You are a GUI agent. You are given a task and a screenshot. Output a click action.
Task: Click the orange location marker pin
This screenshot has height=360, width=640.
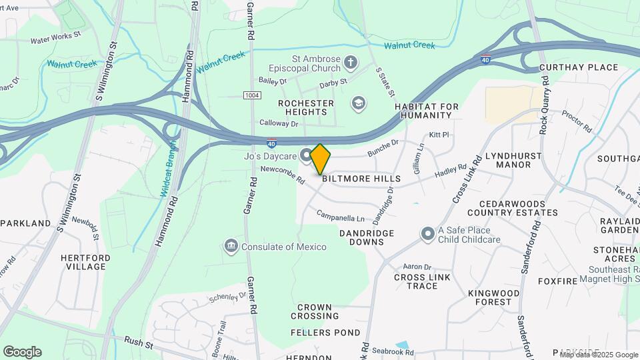click(321, 159)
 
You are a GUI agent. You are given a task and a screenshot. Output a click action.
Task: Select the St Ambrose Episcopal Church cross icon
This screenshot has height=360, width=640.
click(351, 63)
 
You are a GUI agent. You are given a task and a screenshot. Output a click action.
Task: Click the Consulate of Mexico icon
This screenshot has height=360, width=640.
click(231, 247)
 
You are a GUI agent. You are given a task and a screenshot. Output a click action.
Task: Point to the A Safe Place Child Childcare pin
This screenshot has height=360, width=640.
click(427, 233)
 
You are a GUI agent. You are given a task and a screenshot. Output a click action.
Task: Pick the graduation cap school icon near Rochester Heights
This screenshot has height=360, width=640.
click(358, 103)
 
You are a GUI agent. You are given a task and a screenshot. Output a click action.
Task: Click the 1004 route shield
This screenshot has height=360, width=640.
click(251, 96)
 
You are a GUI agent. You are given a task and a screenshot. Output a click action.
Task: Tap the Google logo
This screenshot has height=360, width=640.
click(22, 352)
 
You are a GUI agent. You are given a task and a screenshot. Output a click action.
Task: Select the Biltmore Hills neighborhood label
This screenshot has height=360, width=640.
click(361, 179)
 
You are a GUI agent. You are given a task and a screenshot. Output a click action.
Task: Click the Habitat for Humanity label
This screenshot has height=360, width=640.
click(427, 111)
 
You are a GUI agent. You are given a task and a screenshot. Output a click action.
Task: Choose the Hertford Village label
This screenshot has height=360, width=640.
click(83, 262)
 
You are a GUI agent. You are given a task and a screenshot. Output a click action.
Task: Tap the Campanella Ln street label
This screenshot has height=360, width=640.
click(340, 217)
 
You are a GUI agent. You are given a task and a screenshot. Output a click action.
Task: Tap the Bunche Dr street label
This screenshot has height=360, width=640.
click(383, 147)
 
